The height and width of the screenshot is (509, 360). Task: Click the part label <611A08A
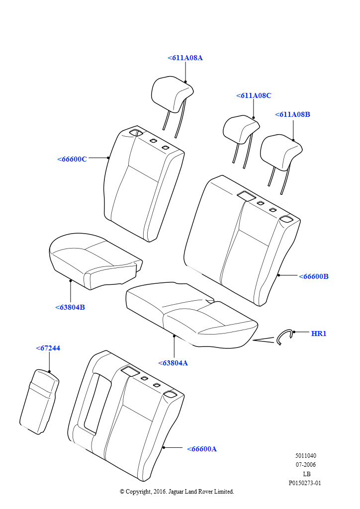click(185, 58)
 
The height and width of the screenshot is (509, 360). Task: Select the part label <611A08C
click(254, 95)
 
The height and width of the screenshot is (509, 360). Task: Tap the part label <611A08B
click(292, 114)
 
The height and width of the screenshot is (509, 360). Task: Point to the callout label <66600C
click(72, 159)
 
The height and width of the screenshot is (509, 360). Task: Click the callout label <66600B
click(314, 276)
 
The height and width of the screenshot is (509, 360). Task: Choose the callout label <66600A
click(201, 449)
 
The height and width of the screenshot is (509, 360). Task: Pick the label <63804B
click(70, 307)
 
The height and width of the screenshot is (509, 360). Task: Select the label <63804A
click(173, 363)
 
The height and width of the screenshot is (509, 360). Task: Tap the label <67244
click(48, 348)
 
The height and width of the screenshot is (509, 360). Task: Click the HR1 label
click(319, 334)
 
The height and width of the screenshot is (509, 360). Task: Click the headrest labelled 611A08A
click(172, 94)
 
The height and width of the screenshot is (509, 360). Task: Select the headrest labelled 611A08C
click(241, 129)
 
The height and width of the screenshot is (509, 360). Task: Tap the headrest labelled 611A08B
click(281, 153)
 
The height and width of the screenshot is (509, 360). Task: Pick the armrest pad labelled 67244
click(39, 401)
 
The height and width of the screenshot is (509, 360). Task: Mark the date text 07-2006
click(305, 465)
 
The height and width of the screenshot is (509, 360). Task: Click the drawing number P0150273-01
click(305, 483)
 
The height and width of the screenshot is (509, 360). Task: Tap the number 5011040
click(305, 455)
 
